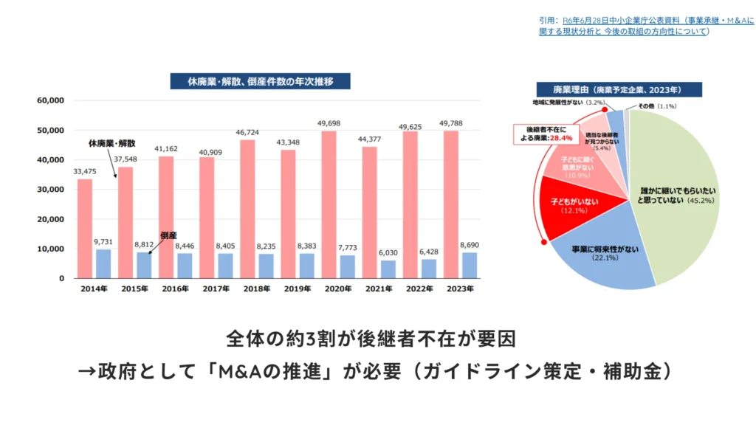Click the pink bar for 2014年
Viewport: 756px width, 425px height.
tap(85, 229)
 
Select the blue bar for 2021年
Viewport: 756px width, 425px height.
tap(388, 269)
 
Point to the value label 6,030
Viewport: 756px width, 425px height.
tap(388, 253)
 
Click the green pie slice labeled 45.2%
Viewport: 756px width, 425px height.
tap(676, 196)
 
